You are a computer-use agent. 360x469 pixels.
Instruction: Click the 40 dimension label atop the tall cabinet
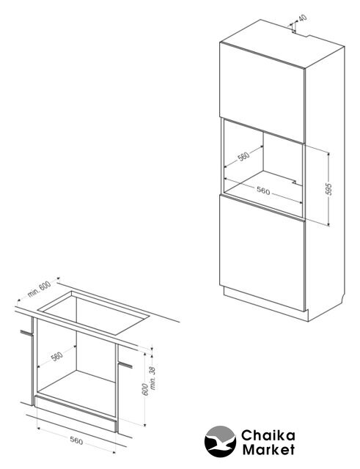[303, 18]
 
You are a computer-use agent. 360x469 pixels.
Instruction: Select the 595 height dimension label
[328, 189]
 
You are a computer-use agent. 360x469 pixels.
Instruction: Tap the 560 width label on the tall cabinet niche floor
[263, 191]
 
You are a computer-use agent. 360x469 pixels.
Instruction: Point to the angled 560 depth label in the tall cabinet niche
[243, 156]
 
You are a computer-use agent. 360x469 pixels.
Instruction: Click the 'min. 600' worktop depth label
[40, 289]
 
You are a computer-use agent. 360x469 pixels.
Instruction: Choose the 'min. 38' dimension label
[153, 378]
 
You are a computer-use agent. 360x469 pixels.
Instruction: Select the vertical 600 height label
[145, 389]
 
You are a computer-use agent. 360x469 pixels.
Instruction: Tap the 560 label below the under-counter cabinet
[76, 440]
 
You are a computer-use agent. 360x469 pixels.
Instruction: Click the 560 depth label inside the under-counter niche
[57, 356]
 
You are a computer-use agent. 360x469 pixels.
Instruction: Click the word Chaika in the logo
[268, 435]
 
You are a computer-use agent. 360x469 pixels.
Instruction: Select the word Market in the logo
[268, 449]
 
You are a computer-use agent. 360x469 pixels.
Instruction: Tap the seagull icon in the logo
[220, 441]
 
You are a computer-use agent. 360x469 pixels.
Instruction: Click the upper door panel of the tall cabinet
[262, 92]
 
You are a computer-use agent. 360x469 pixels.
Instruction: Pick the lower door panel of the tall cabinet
[262, 253]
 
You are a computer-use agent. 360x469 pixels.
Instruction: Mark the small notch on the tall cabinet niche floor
[295, 182]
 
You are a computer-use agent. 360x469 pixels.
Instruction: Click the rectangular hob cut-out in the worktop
[93, 312]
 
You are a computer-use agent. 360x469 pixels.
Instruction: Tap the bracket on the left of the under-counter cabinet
[26, 333]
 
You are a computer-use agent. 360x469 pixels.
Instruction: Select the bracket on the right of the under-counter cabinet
[125, 364]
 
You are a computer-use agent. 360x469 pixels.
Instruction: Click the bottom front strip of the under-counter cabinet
[76, 413]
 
